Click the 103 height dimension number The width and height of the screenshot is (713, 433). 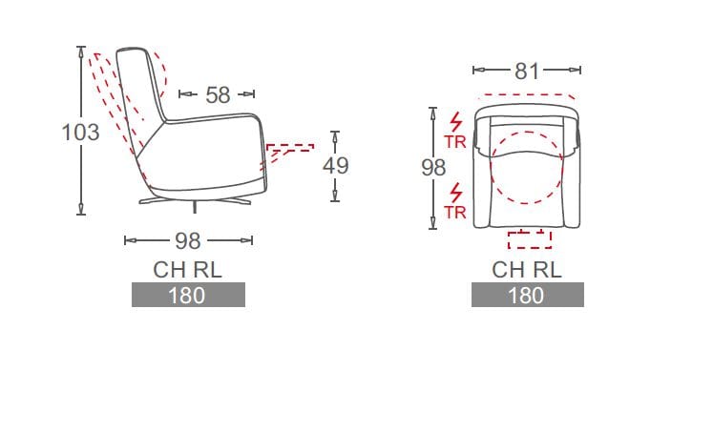80,133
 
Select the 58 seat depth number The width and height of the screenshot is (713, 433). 218,94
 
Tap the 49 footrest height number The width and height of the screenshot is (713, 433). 335,165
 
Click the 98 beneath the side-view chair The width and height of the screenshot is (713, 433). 188,241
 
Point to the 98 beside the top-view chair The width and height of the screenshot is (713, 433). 433,167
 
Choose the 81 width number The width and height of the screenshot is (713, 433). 528,71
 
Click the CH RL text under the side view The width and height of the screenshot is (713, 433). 188,269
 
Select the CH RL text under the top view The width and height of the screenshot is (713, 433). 527,269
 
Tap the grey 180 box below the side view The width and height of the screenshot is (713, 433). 188,295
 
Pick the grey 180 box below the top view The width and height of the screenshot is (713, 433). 527,295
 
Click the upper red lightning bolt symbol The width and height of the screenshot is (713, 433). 455,123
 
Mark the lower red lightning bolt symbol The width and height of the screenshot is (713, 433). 455,192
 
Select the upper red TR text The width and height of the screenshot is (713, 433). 455,143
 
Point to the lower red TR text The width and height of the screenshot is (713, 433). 455,212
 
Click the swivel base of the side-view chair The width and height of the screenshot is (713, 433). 195,201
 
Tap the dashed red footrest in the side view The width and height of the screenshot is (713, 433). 289,150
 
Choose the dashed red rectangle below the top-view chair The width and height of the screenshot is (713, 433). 529,238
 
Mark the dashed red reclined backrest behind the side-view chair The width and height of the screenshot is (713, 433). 113,105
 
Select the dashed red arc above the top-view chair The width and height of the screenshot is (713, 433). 528,95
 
